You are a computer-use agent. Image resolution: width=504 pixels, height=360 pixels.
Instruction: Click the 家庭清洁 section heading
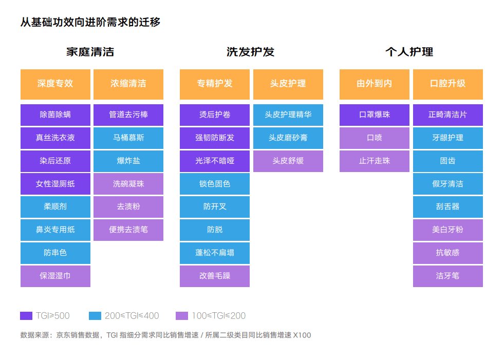pos(90,52)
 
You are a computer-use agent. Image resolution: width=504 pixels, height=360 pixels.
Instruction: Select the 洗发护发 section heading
pos(250,52)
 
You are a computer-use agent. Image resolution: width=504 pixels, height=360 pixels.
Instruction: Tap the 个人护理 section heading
pos(409,52)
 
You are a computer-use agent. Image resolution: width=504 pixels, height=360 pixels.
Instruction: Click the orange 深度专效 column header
pos(55,84)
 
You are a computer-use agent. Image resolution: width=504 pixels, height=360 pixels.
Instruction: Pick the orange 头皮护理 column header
pos(288,84)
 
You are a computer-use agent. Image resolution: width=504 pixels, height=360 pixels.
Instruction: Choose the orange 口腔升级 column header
pos(448,84)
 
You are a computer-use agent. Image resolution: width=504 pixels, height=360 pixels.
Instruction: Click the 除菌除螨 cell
pos(55,115)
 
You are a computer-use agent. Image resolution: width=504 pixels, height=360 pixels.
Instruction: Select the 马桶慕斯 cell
pos(128,138)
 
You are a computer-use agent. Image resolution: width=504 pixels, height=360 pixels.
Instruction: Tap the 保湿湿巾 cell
pos(55,276)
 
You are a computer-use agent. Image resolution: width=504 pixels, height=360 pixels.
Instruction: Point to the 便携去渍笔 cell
pos(128,230)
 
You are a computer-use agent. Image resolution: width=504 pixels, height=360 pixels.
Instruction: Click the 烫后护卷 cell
pos(215,115)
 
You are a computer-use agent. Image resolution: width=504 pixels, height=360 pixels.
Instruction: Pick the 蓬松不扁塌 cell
pos(215,253)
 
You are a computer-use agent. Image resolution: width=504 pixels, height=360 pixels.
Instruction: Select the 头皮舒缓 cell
pos(288,161)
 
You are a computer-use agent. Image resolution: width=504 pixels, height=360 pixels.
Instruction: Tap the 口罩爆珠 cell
pos(375,115)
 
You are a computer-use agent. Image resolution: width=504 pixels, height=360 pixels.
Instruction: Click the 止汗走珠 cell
pos(375,161)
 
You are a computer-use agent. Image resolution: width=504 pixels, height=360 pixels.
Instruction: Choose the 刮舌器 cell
pos(448,206)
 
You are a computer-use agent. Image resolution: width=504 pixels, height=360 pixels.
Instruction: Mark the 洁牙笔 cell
pos(448,276)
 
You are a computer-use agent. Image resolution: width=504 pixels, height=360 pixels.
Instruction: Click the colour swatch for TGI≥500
pos(26,316)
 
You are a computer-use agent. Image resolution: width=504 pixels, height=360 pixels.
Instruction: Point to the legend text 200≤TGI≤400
pos(132,316)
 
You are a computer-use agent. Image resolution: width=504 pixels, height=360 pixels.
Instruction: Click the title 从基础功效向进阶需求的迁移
pos(90,22)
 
